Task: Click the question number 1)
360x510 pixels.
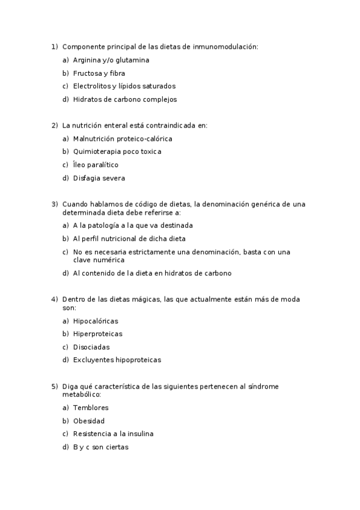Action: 54,46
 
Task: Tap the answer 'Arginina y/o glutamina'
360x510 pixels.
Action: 111,60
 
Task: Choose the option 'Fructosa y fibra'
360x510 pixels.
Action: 99,73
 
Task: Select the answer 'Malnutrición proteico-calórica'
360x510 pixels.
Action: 123,139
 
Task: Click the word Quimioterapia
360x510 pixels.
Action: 96,152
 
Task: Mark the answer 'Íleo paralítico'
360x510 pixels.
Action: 96,165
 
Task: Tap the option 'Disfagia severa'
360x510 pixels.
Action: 99,178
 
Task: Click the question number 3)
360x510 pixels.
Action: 54,204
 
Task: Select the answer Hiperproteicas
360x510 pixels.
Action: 97,334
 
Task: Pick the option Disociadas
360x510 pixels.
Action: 91,347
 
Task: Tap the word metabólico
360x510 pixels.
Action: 81,395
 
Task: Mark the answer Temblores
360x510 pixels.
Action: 91,408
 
